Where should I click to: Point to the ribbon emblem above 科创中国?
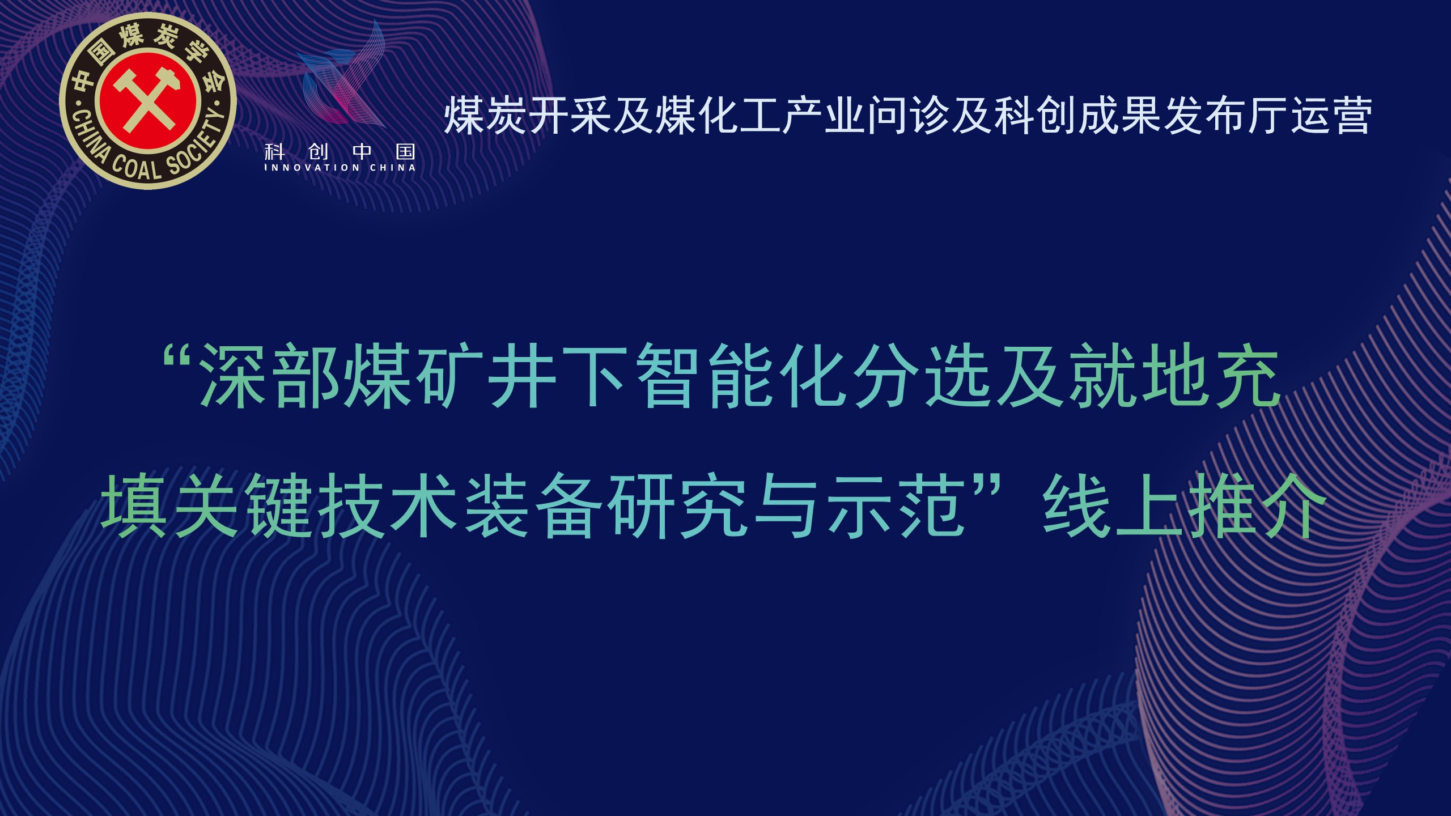coord(343,74)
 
